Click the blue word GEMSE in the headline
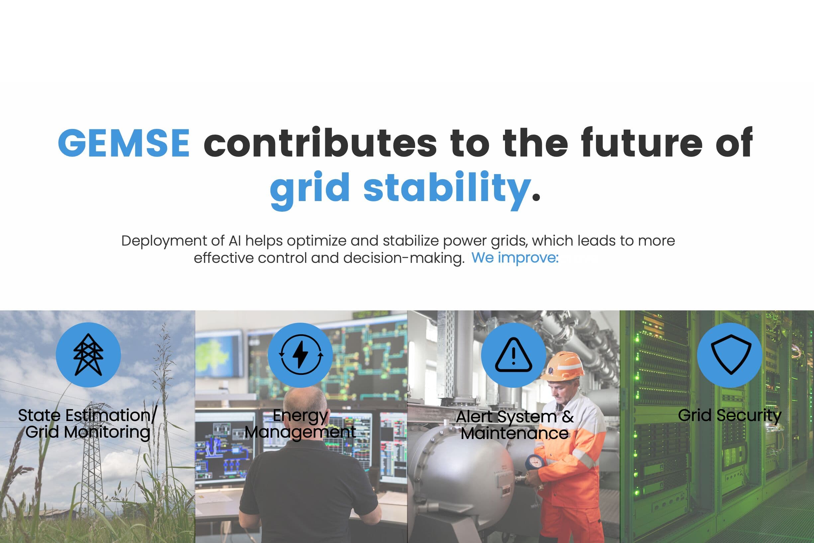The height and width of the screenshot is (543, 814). pyautogui.click(x=124, y=142)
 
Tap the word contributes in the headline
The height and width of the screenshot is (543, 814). pyautogui.click(x=320, y=142)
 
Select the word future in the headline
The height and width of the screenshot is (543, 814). pyautogui.click(x=642, y=142)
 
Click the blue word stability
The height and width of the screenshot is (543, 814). pyautogui.click(x=447, y=189)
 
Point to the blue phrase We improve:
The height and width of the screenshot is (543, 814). pyautogui.click(x=515, y=258)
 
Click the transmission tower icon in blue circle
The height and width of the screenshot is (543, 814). pyautogui.click(x=88, y=355)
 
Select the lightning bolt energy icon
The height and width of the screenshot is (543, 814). pyautogui.click(x=301, y=355)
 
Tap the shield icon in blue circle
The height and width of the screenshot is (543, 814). pyautogui.click(x=731, y=354)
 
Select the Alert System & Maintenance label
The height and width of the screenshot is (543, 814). pyautogui.click(x=515, y=425)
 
